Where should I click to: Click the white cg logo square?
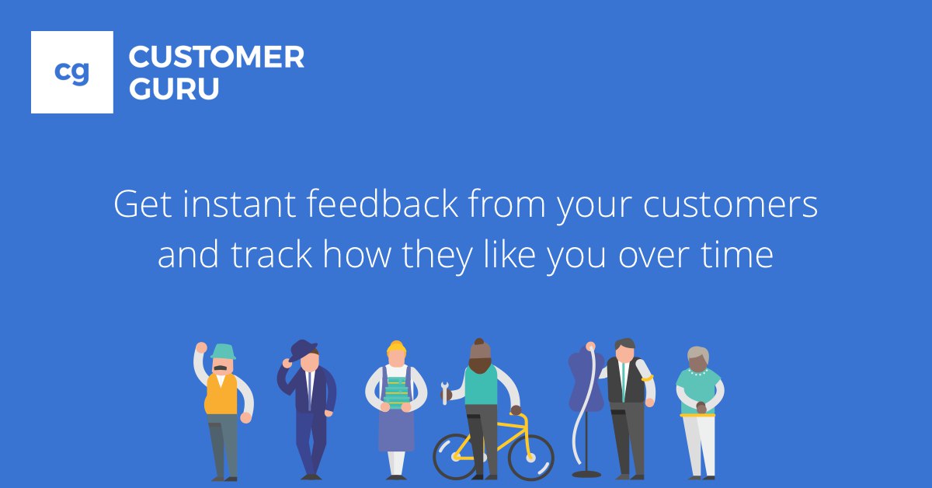tap(72, 72)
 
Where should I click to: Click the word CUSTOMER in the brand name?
tap(217, 57)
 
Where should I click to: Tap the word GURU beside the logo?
tap(174, 89)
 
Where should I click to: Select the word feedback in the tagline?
tap(382, 204)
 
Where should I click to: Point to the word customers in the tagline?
tap(730, 205)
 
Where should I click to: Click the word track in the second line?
tap(271, 254)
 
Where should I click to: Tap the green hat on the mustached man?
tap(223, 352)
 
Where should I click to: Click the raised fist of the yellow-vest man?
tap(201, 347)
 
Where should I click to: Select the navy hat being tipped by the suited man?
tap(303, 350)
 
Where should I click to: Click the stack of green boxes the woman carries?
tap(395, 392)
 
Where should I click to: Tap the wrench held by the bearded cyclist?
tap(444, 393)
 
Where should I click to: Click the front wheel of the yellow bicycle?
tap(531, 458)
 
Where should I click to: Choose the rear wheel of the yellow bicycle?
tap(456, 457)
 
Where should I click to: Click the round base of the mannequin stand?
tap(586, 474)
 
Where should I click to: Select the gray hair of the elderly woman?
tap(698, 354)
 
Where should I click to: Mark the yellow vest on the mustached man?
tap(221, 394)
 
